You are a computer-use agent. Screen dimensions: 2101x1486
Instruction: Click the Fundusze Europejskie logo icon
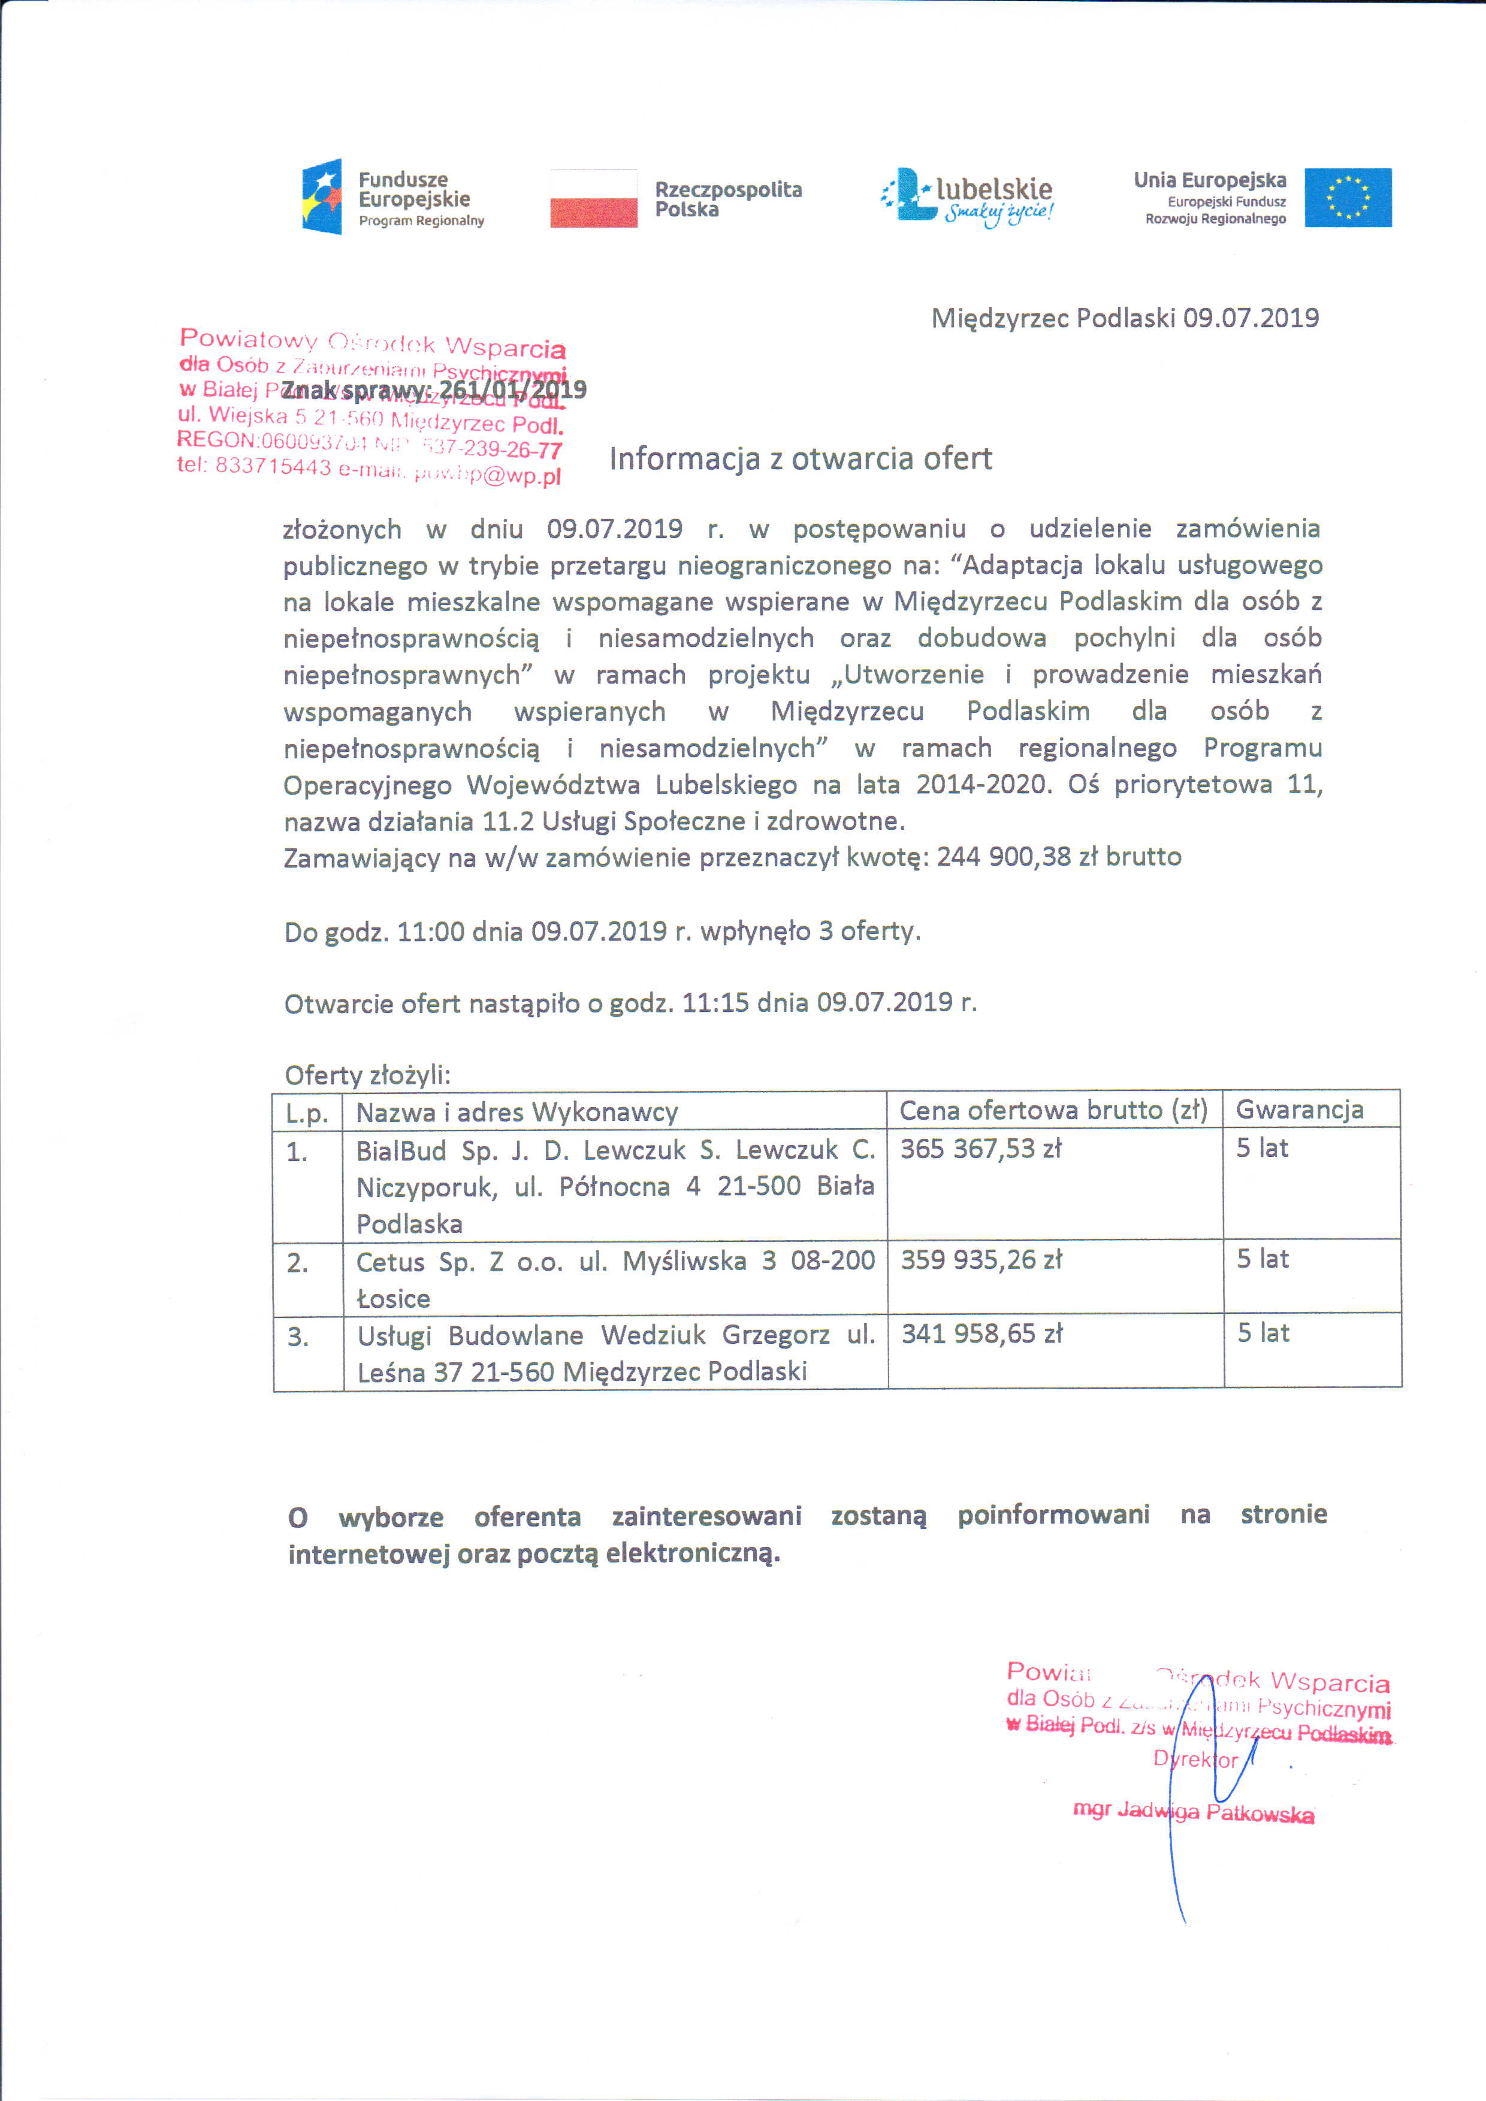pyautogui.click(x=322, y=197)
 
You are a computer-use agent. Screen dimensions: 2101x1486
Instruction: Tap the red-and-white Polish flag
pyautogui.click(x=593, y=198)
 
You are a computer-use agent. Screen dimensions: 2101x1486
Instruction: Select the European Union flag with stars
pyautogui.click(x=1347, y=198)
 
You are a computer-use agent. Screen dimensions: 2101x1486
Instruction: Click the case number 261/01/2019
pyautogui.click(x=512, y=390)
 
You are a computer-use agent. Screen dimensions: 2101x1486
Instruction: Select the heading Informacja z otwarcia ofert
pyautogui.click(x=800, y=458)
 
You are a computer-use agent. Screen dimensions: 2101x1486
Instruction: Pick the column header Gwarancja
pyautogui.click(x=1299, y=1110)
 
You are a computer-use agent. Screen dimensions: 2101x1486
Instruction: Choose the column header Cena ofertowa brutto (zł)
pyautogui.click(x=1053, y=1110)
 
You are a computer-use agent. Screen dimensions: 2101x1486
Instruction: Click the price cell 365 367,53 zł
pyautogui.click(x=980, y=1148)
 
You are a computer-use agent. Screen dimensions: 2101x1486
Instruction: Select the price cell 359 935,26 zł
pyautogui.click(x=981, y=1260)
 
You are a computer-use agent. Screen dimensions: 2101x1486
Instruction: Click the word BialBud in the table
pyautogui.click(x=401, y=1150)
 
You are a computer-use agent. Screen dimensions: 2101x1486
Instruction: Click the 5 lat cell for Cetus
pyautogui.click(x=1262, y=1259)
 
